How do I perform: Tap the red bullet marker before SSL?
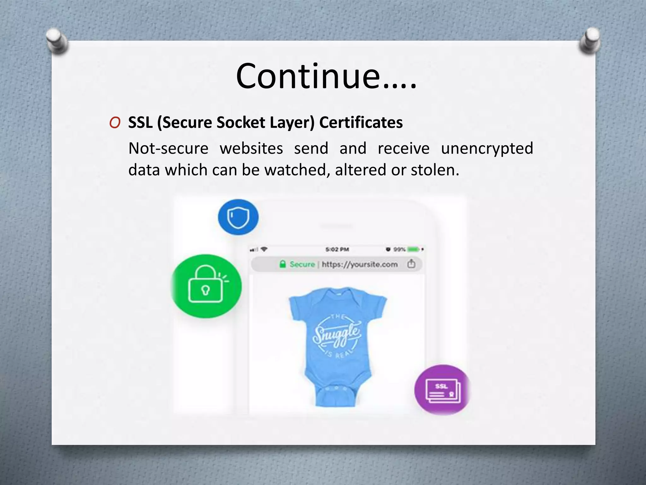[115, 123]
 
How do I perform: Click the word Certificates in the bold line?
[361, 123]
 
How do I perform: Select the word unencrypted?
[487, 148]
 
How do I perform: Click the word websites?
[251, 148]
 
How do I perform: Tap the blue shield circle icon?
[238, 217]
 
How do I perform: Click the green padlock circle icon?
[206, 286]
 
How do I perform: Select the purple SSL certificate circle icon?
[442, 390]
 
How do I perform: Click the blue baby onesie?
[337, 344]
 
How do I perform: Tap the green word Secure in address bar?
[302, 264]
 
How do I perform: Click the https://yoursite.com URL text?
[360, 264]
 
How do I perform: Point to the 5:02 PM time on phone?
[337, 249]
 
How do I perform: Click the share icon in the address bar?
[411, 264]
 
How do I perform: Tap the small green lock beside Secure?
[283, 264]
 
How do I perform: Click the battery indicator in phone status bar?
[413, 249]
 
